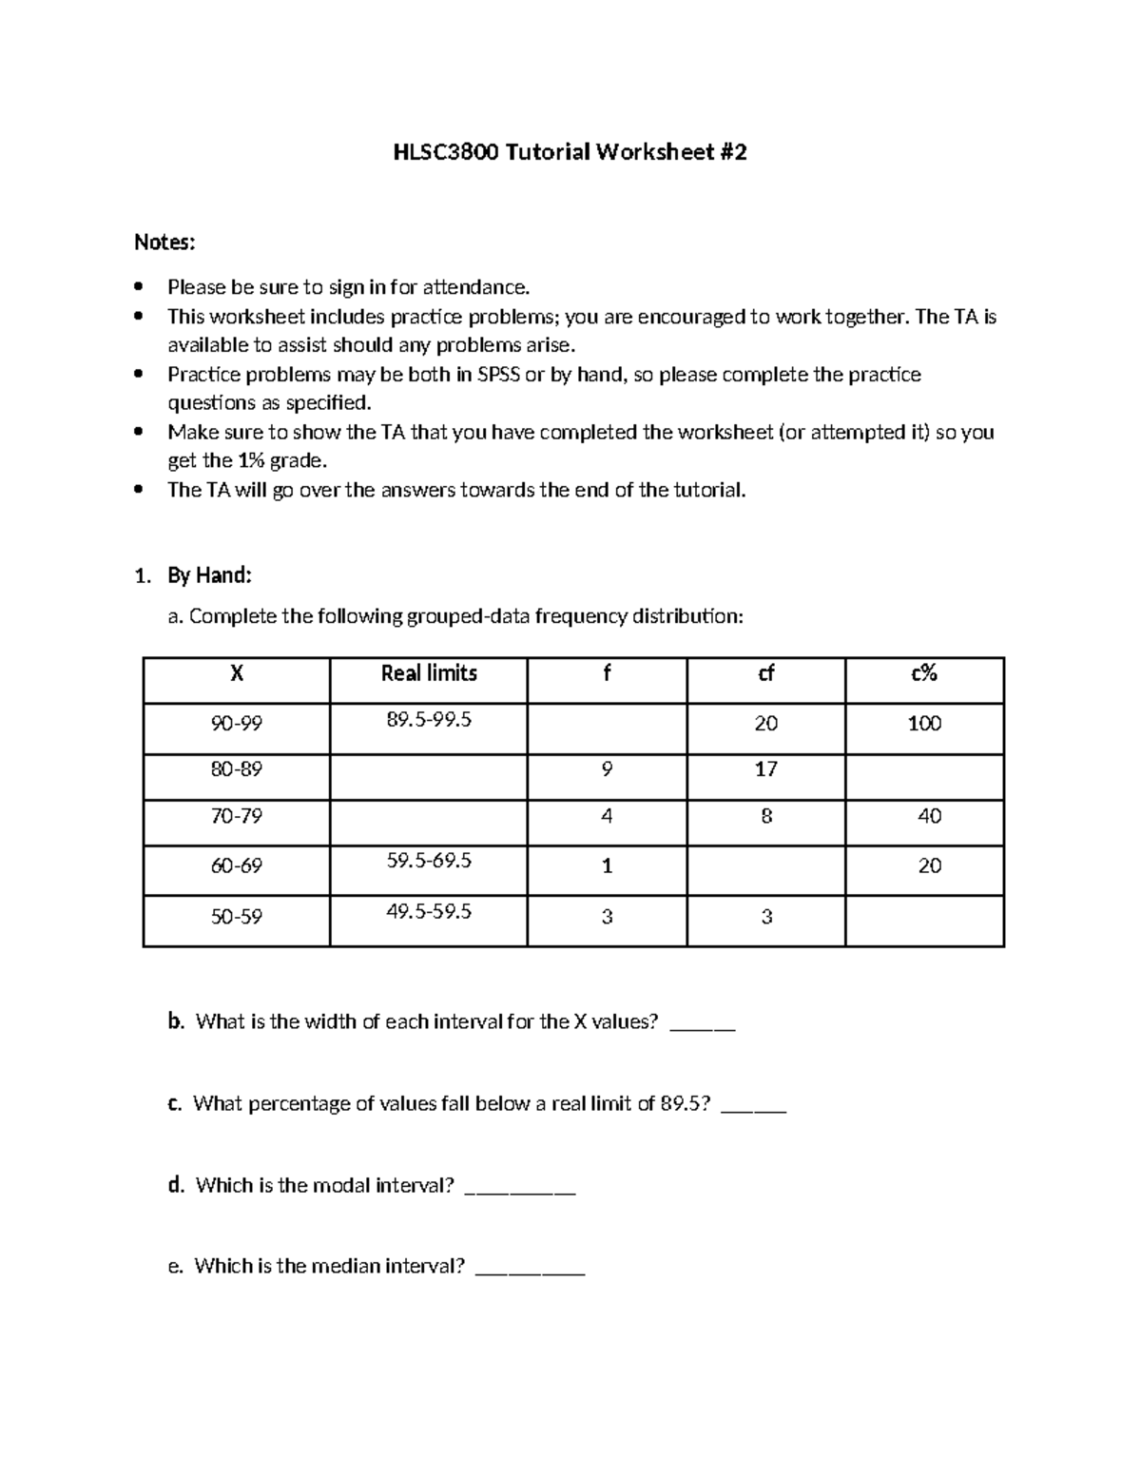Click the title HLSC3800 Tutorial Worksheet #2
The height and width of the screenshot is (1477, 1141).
pyautogui.click(x=570, y=152)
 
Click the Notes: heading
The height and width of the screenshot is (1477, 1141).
pyautogui.click(x=164, y=243)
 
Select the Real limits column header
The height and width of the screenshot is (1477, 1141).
pyautogui.click(x=429, y=673)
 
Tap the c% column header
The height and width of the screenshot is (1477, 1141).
pyautogui.click(x=924, y=673)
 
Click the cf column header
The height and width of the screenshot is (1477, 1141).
pyautogui.click(x=765, y=673)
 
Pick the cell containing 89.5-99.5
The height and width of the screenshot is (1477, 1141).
pyautogui.click(x=429, y=720)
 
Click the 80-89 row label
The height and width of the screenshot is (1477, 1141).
pyautogui.click(x=237, y=768)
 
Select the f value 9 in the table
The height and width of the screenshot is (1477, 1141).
pyautogui.click(x=607, y=768)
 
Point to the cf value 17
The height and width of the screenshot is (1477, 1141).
pyautogui.click(x=765, y=768)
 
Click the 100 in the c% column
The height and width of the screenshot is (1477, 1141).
pyautogui.click(x=924, y=724)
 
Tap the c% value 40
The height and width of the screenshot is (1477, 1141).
pyautogui.click(x=929, y=816)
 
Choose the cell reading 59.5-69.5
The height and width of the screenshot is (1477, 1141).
pyautogui.click(x=429, y=861)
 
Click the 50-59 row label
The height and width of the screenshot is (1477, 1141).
pyautogui.click(x=237, y=917)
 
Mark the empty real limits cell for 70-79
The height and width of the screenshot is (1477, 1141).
pyautogui.click(x=429, y=822)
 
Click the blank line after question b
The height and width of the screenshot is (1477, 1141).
pyautogui.click(x=703, y=1025)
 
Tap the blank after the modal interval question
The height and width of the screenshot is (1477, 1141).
pyautogui.click(x=519, y=1189)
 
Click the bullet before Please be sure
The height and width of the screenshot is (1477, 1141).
pyautogui.click(x=140, y=287)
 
